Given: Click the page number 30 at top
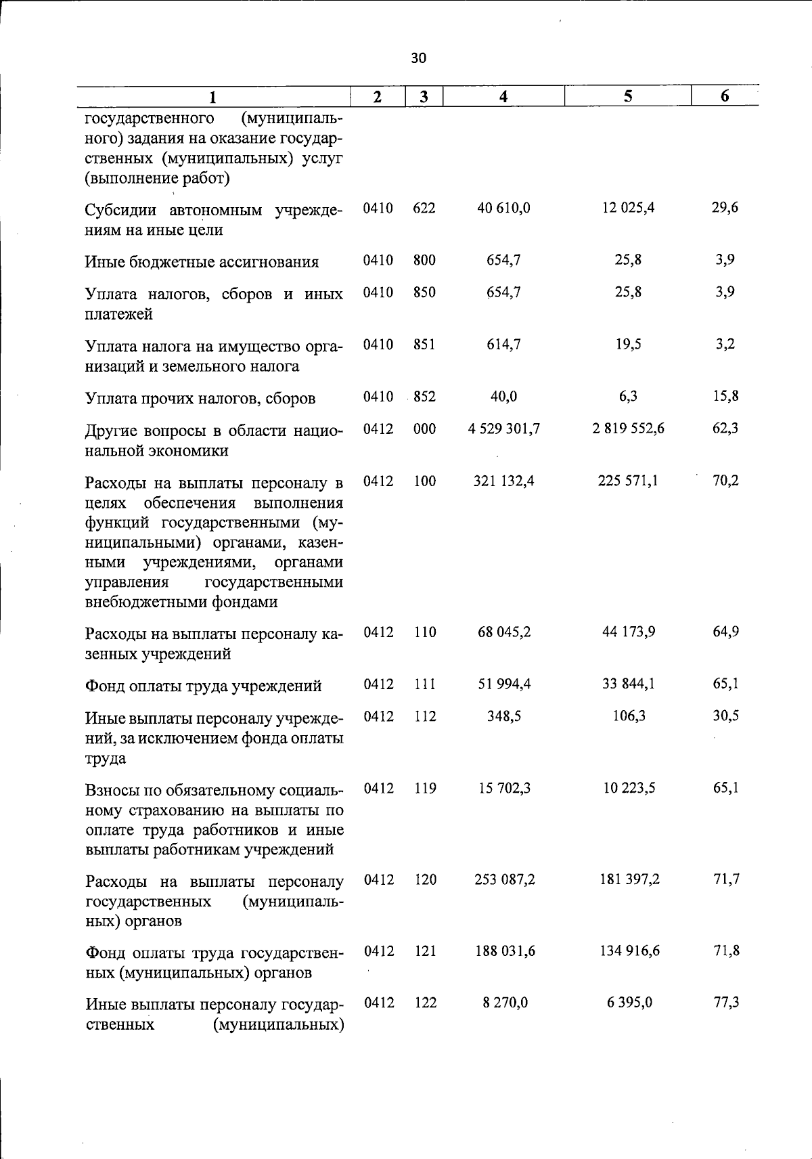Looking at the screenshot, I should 419,58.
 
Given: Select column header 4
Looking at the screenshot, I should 503,97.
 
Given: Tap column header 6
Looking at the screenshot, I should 725,96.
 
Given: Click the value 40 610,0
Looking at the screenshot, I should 503,209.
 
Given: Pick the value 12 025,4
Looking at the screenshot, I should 628,208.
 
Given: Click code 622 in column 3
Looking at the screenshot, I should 424,209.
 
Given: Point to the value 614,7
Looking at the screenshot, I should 503,345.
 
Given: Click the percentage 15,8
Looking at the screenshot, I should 725,397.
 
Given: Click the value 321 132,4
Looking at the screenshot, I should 503,481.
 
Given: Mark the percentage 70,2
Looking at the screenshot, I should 725,481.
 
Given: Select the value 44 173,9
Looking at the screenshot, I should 628,632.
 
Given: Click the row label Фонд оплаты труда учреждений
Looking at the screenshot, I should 203,686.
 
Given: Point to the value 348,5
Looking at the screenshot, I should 503,716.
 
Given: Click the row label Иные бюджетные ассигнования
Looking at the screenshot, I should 202,262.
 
